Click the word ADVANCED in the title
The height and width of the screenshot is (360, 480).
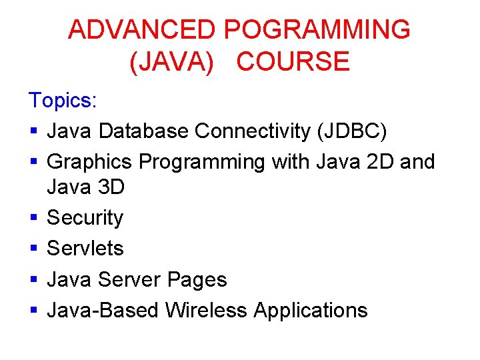coord(142,30)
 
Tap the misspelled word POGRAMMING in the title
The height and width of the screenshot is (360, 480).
coord(317,30)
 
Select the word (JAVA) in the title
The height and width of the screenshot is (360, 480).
coord(171,61)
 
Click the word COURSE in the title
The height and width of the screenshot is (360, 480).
coord(293,61)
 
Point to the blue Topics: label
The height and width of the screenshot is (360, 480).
coord(63,101)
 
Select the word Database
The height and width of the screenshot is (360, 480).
coord(143,131)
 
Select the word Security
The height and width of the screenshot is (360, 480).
coord(85,218)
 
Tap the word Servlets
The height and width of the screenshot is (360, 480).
coord(85,249)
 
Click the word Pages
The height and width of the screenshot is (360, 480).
coord(197,279)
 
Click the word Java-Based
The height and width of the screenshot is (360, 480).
coord(103,310)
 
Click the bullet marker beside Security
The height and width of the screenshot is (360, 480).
coord(33,219)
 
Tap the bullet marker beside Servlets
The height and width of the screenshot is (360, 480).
coord(33,249)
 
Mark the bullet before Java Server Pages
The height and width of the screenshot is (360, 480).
coord(33,280)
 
